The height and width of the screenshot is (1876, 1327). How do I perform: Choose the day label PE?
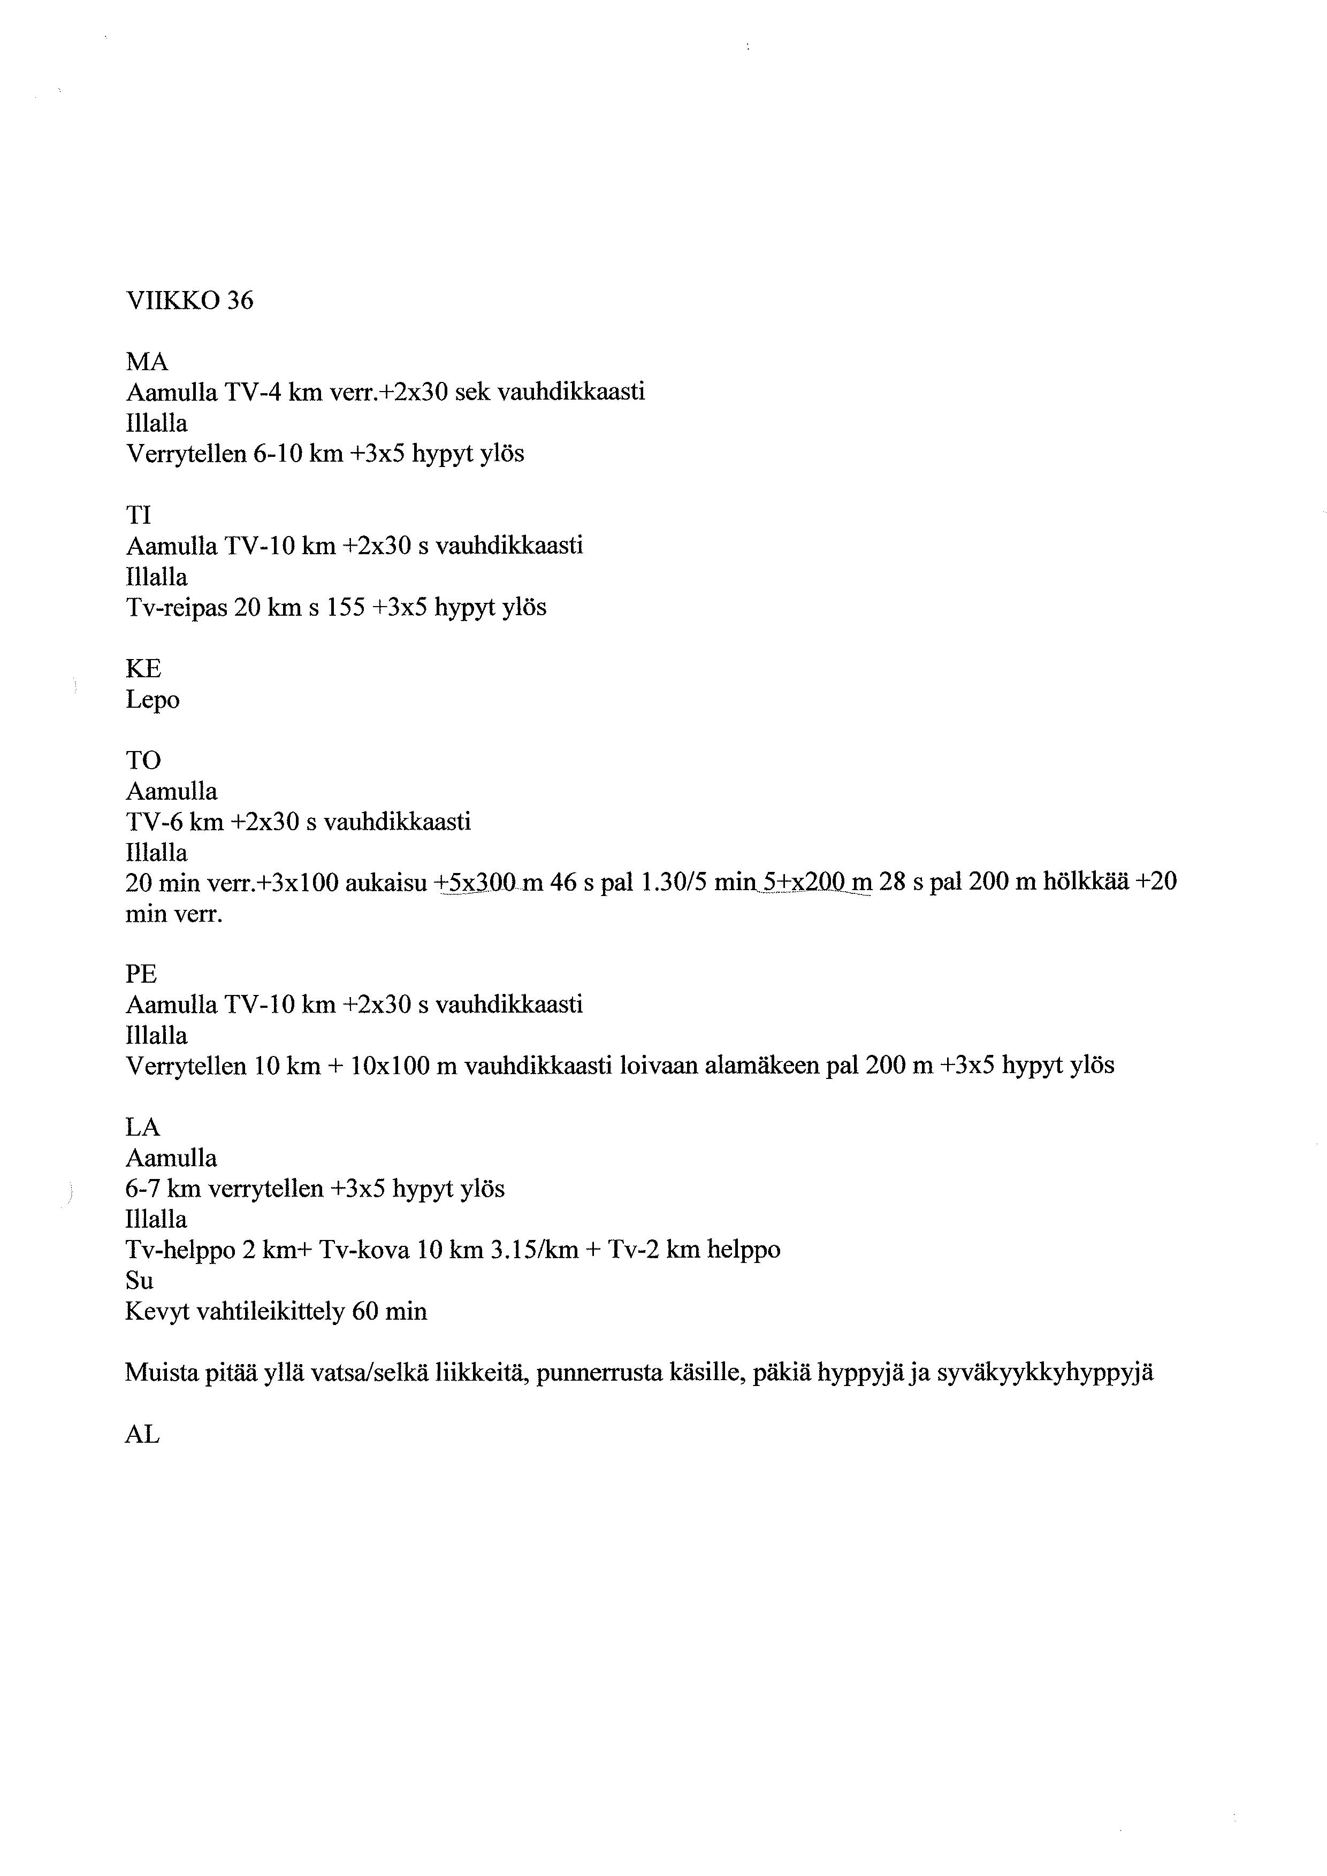point(141,975)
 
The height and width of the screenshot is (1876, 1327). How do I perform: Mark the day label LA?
point(142,1128)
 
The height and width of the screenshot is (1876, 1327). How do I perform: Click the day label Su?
point(139,1280)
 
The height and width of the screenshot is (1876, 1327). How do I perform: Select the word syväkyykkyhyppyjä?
point(1045,1374)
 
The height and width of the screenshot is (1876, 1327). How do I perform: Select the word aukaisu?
point(387,883)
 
